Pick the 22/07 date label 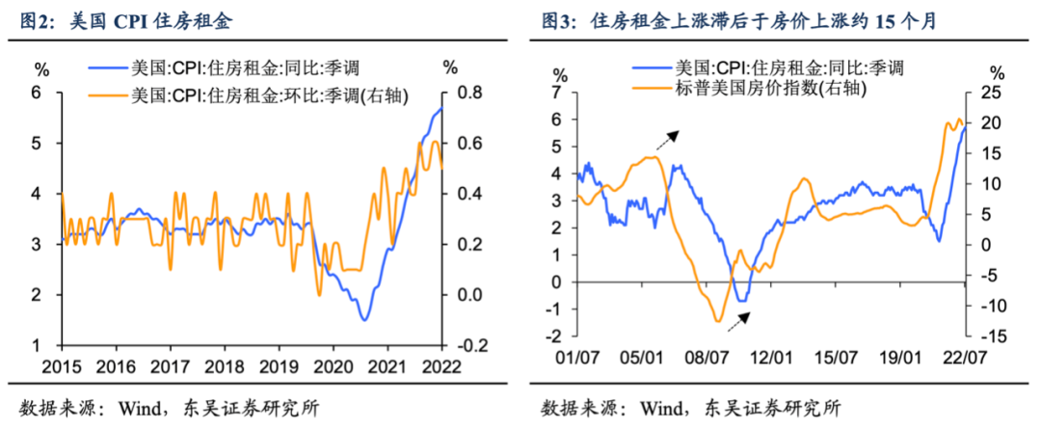964,357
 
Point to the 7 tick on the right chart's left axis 556,93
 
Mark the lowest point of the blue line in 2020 363,319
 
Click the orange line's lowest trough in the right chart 718,321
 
